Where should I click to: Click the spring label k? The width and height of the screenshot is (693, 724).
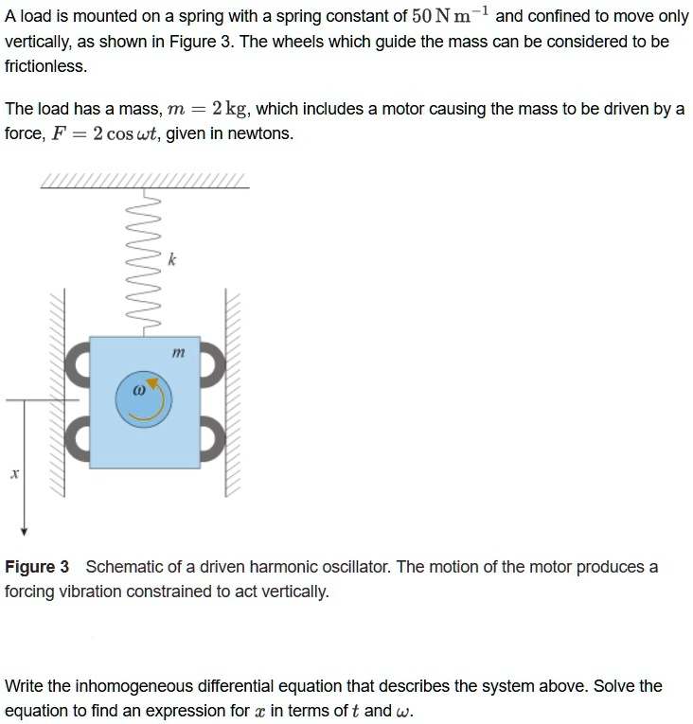(170, 258)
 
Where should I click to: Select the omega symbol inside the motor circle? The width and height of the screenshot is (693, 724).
(138, 389)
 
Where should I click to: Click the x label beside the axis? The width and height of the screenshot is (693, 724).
(14, 471)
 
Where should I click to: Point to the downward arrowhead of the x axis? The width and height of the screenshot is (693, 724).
(25, 527)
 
